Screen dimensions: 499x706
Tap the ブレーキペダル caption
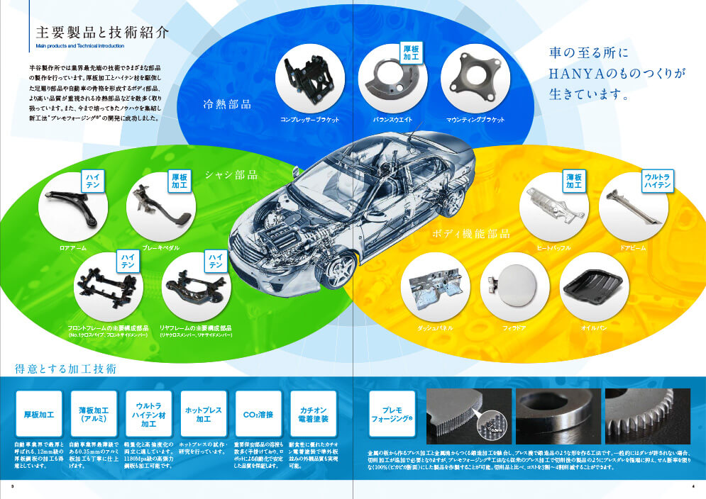click(160, 248)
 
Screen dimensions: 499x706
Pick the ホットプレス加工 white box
click(204, 415)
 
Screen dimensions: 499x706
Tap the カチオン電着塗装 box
click(313, 415)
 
